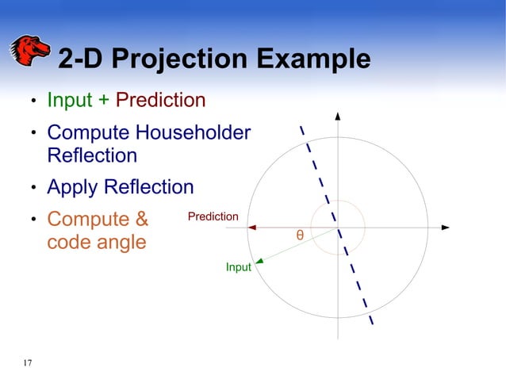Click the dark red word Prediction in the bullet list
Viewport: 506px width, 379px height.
point(161,101)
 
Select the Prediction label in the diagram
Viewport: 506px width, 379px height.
point(213,216)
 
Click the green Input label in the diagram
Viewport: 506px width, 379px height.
point(238,267)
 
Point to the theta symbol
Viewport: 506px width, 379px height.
point(300,235)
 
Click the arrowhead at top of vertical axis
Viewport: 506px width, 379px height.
point(339,116)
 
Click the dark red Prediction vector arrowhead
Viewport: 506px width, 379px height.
point(252,228)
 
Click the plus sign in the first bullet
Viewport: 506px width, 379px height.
point(104,101)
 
